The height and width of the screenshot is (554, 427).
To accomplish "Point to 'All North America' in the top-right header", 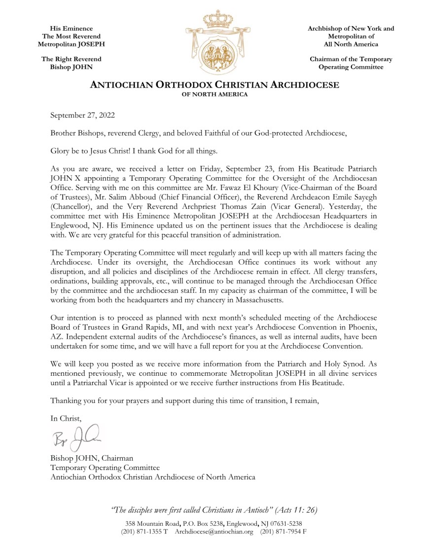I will tap(351, 44).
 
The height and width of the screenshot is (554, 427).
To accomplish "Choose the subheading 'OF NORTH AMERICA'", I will tap(214, 94).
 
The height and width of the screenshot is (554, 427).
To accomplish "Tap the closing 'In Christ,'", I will tap(66, 418).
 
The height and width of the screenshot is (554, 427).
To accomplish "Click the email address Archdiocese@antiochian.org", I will tap(214, 532).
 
